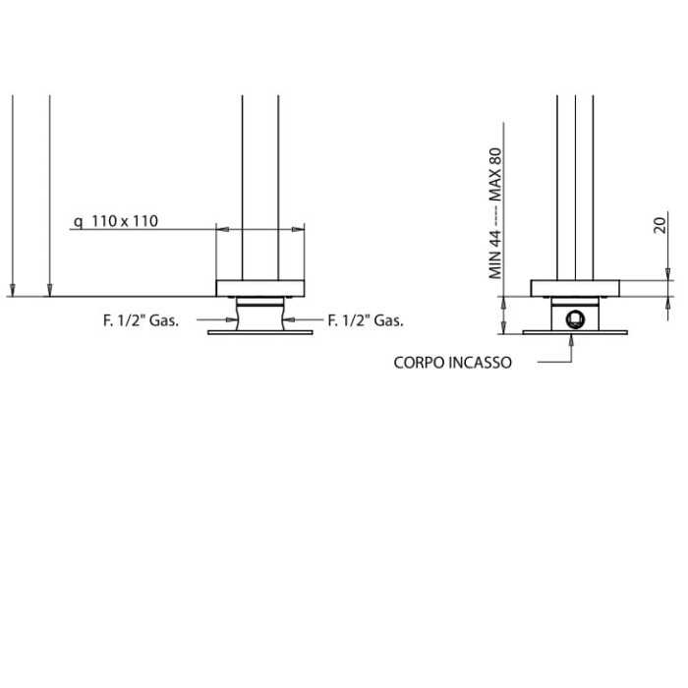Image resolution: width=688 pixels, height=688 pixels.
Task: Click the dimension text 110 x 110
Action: point(125,221)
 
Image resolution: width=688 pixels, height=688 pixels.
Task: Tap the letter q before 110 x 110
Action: point(78,222)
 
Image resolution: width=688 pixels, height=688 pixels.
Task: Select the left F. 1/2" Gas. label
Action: point(141,320)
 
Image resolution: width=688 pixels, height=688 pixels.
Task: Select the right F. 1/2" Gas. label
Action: point(366,320)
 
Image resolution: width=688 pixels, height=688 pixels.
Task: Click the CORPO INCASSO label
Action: point(452,363)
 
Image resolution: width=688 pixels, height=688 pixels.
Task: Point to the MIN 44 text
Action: point(495,255)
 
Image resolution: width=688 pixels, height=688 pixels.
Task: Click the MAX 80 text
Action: point(495,175)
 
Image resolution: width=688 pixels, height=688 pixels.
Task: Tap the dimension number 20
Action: point(660,225)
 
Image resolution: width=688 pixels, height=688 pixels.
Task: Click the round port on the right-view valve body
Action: point(575,318)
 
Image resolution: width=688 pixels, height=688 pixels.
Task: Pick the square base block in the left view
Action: point(260,288)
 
